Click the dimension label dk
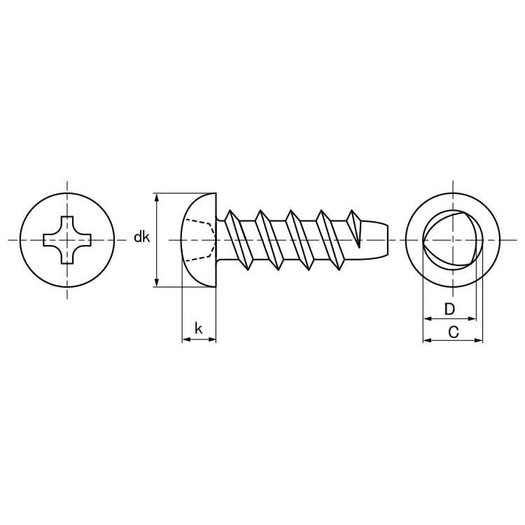(141, 237)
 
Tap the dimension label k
(199, 328)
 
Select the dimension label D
(449, 309)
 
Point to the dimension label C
(453, 332)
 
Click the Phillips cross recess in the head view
(67, 240)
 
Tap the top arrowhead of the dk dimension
(156, 197)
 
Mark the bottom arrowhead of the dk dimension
(156, 283)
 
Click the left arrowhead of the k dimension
(186, 339)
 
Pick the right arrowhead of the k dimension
(212, 339)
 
